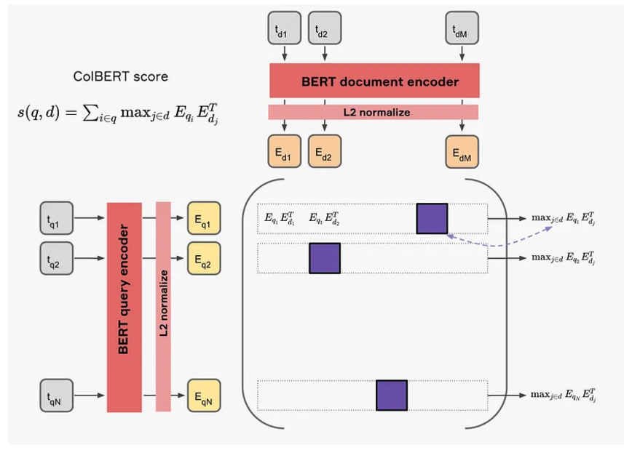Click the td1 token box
pyautogui.click(x=285, y=28)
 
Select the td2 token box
pyautogui.click(x=324, y=28)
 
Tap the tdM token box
pyautogui.click(x=462, y=28)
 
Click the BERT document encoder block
pyautogui.click(x=374, y=81)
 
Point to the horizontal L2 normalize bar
pyautogui.click(x=374, y=112)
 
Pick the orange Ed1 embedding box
pyautogui.click(x=285, y=152)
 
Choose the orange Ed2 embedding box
pyautogui.click(x=324, y=152)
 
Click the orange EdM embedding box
pyautogui.click(x=462, y=152)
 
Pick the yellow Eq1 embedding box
pyautogui.click(x=203, y=217)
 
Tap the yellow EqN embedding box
pyautogui.click(x=203, y=395)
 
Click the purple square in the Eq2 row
pyautogui.click(x=325, y=257)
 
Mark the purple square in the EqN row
pyautogui.click(x=391, y=395)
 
